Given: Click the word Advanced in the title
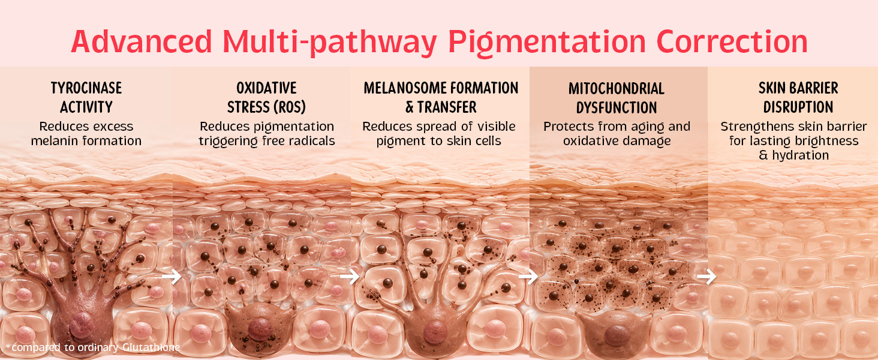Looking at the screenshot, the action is pos(142,41).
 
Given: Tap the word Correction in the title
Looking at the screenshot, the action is pos(732,41).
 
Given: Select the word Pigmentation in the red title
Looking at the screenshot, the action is pos(547,43).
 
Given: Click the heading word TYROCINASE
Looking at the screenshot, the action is pos(86,88).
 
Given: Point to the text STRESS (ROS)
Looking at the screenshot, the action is pos(266,107).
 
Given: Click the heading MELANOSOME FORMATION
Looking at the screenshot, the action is pos(441,88).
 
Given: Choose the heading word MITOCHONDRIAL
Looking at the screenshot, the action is pos(617,89).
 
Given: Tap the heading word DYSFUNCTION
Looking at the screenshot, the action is pos(617,107).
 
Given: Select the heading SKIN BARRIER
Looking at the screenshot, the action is pos(798,88).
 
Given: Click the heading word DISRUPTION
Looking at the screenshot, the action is pos(798,107).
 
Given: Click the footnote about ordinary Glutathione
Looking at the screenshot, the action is pos(93,347).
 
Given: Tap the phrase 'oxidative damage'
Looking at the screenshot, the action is pos(617,141).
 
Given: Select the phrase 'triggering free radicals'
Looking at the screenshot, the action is pos(267,141).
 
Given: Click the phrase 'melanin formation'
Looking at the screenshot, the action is pos(86,141).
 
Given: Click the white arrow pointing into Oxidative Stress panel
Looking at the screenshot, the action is pos(172,277).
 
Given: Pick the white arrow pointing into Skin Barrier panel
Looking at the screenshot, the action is pos(706,277).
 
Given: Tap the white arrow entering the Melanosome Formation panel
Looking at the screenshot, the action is pos(350,277).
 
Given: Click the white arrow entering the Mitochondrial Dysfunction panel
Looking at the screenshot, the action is pos(528,277).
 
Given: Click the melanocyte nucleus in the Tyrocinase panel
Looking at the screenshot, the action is pos(82,326).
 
